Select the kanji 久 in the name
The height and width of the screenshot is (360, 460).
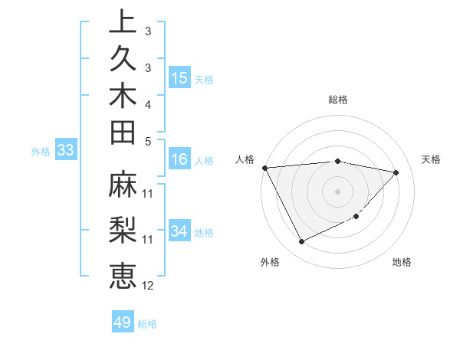122,61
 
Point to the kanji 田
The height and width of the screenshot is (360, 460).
122,134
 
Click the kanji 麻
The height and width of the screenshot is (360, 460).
122,188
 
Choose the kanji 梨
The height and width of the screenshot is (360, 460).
122,231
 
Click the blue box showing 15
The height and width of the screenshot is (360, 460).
179,78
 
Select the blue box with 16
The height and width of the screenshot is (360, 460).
179,160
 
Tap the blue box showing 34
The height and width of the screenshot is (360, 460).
179,231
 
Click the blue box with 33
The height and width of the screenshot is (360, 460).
66,151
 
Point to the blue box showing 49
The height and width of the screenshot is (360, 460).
122,322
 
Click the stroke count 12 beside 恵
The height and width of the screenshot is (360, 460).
148,286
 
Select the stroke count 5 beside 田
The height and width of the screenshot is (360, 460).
148,140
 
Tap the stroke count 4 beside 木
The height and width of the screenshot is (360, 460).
148,103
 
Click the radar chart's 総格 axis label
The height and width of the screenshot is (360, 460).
338,100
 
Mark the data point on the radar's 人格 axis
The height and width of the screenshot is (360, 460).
264,168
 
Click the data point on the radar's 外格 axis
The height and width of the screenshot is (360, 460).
301,242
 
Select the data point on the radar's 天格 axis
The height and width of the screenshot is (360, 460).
396,172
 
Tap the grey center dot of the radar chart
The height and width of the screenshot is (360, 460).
338,191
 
